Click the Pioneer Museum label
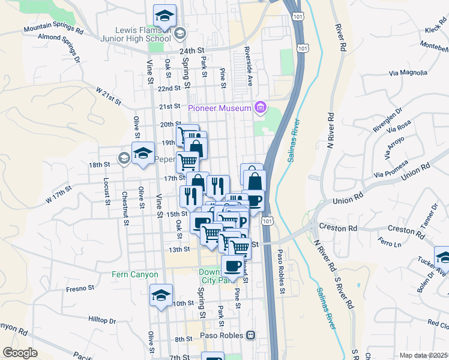click(220, 108)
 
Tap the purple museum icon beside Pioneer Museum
click(261, 108)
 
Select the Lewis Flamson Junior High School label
click(142, 35)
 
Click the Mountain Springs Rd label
click(53, 28)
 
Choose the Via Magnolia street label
click(408, 73)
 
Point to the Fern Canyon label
click(135, 275)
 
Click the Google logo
click(20, 352)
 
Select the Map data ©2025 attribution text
click(423, 355)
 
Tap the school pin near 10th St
click(161, 296)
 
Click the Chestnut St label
click(125, 208)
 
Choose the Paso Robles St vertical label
click(279, 272)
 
